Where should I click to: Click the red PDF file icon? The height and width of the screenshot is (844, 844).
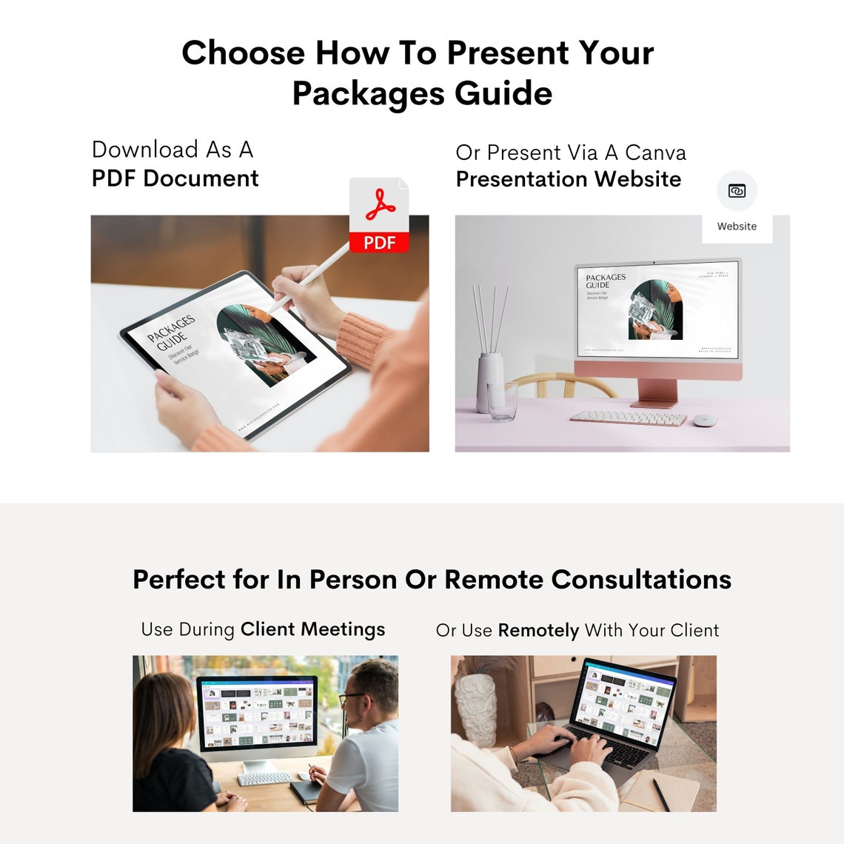[x=379, y=215]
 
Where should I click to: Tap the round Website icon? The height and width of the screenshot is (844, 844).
[x=737, y=191]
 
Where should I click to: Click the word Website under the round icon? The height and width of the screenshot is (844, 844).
[x=737, y=227]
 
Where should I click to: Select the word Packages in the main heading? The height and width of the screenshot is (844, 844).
[x=368, y=94]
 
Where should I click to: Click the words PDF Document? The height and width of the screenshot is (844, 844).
[x=175, y=178]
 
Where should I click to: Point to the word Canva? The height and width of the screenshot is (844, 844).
[x=655, y=153]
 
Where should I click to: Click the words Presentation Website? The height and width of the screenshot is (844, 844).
[x=568, y=179]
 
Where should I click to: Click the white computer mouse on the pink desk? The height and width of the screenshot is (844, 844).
[x=704, y=420]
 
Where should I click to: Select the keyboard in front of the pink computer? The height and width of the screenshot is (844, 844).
[x=629, y=418]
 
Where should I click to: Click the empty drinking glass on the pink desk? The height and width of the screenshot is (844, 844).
[x=503, y=401]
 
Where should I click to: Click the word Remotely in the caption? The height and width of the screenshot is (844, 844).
[x=538, y=631]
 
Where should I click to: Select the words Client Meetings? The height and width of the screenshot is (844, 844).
[x=312, y=629]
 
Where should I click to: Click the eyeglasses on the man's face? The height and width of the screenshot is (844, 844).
[x=352, y=697]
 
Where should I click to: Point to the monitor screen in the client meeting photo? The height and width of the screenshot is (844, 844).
[x=257, y=711]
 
